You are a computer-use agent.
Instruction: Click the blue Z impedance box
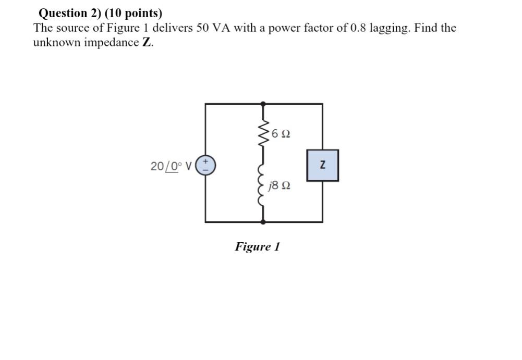(322, 165)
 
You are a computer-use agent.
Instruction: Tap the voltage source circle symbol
(205, 166)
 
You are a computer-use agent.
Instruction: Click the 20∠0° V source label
(171, 166)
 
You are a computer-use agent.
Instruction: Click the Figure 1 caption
(257, 246)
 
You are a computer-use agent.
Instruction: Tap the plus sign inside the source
(206, 162)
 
